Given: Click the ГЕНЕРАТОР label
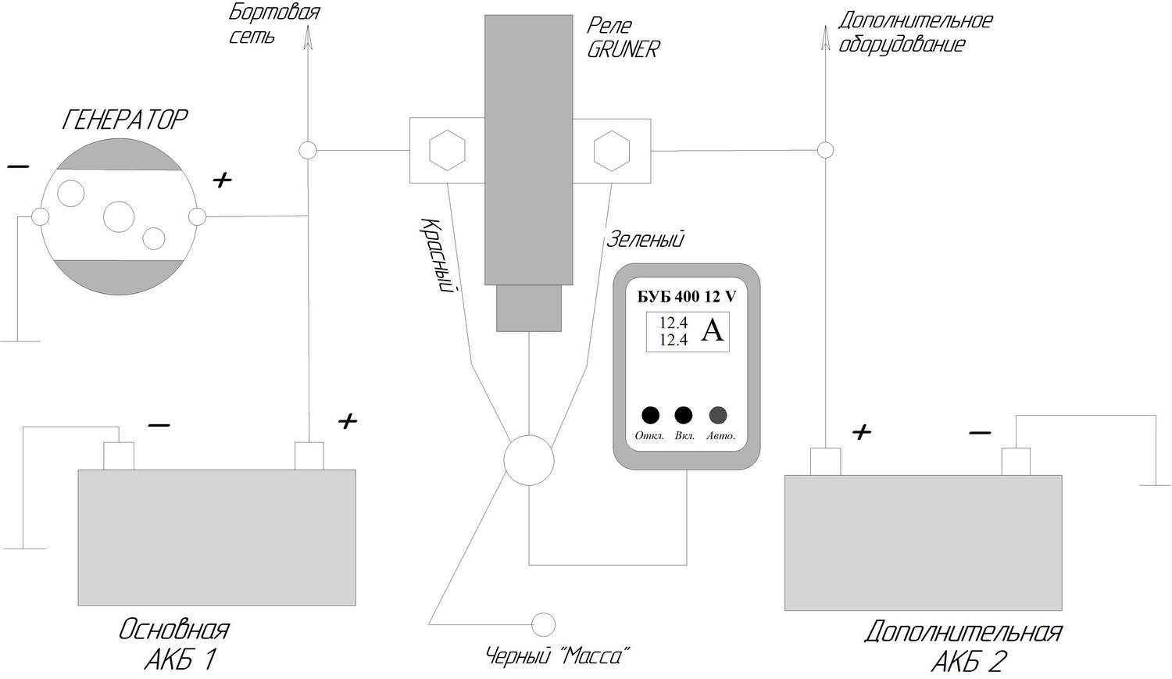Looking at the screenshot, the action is point(124,120).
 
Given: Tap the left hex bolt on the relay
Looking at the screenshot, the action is point(447,150).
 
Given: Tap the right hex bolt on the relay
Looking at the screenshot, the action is point(612,150).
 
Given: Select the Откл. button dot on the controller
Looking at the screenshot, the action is point(650,416).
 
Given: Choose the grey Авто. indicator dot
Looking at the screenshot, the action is point(718,416).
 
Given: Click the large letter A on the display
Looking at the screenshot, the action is point(712,330).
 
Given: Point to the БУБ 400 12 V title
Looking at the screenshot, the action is point(687,297).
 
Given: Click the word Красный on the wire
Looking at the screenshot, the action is point(435,256).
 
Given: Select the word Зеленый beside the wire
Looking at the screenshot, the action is point(645,240).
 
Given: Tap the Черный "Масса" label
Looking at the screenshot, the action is point(557,656).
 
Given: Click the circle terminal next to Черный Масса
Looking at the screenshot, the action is point(543,624).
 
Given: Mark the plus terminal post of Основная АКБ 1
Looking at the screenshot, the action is point(309,456).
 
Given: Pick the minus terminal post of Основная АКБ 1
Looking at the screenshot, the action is point(119,456).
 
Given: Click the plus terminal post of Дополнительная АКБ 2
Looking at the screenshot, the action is point(825,461).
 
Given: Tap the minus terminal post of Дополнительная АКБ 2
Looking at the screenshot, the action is point(1016,461).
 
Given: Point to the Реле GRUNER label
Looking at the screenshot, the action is point(623,38).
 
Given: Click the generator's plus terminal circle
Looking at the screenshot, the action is point(197,216).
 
